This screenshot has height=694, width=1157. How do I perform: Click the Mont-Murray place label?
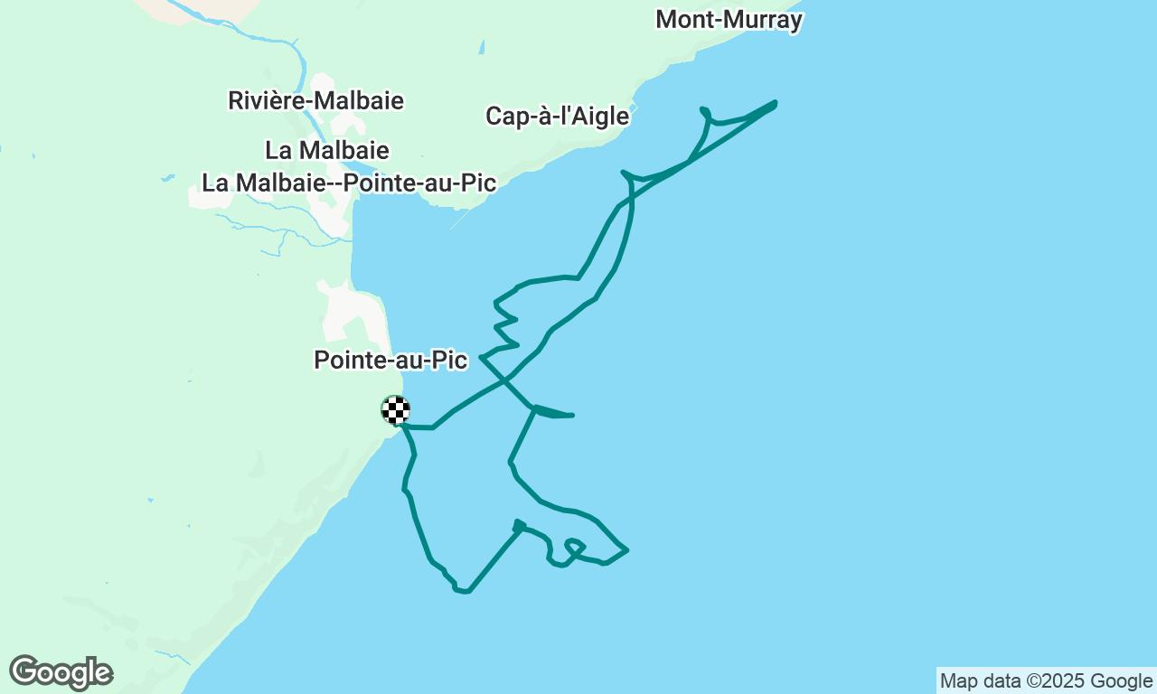pos(729,19)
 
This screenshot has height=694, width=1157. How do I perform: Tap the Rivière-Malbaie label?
pos(315,100)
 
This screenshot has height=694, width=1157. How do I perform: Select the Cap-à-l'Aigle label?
pos(557,116)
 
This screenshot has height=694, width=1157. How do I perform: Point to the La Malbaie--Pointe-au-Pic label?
pos(349,183)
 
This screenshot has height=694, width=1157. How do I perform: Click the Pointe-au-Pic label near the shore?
pos(390,360)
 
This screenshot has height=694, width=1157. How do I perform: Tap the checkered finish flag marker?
pos(395,410)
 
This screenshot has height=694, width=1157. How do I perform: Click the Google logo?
pos(61,673)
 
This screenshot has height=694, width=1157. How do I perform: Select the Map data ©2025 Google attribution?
pos(1046,681)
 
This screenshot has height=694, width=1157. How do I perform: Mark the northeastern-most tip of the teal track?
pos(775,103)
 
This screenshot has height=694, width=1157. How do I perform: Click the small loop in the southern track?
pos(574,546)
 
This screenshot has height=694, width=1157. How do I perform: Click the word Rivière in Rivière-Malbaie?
pos(267,100)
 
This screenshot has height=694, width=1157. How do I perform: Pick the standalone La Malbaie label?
pos(327,149)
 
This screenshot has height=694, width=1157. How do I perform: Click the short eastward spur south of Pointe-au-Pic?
pos(555,414)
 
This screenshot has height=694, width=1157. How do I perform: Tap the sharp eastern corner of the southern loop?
pos(626,549)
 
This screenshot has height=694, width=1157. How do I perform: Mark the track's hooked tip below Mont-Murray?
pos(703,110)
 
